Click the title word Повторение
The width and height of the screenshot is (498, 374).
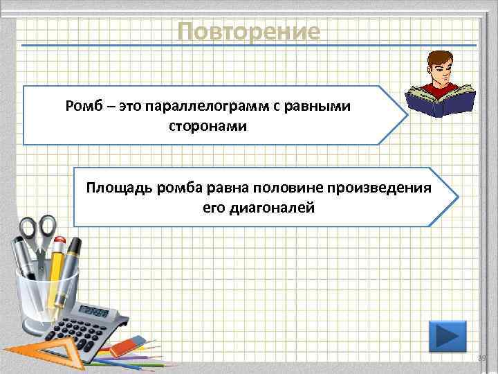[248, 31]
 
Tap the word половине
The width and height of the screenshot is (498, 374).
[285, 188]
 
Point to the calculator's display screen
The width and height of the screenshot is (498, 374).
[93, 312]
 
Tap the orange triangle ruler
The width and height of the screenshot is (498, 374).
[41, 353]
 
